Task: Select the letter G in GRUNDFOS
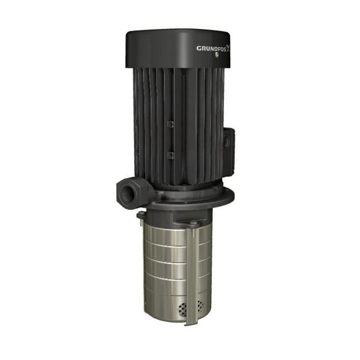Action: click(199, 49)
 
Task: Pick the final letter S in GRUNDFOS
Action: click(224, 48)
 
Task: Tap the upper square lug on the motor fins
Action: click(170, 124)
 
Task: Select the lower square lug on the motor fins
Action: click(170, 155)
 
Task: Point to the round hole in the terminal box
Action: click(229, 142)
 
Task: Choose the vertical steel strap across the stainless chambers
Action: click(190, 265)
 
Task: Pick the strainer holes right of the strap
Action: click(200, 306)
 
